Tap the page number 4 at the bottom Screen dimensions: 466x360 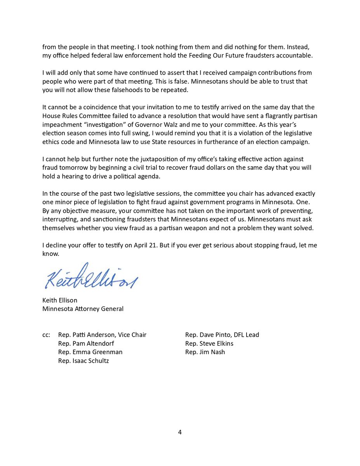(180, 432)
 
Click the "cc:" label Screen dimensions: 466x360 (47, 335)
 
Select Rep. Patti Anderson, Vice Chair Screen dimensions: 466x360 (102, 335)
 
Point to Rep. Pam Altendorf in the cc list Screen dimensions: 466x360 (86, 344)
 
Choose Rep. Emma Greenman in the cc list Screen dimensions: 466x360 (90, 352)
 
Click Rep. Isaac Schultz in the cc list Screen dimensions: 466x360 (83, 361)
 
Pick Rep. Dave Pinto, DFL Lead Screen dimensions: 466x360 (222, 335)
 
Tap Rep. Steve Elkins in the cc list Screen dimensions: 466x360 (209, 344)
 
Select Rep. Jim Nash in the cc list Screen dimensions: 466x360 (205, 352)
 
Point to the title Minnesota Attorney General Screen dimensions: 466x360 (83, 309)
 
